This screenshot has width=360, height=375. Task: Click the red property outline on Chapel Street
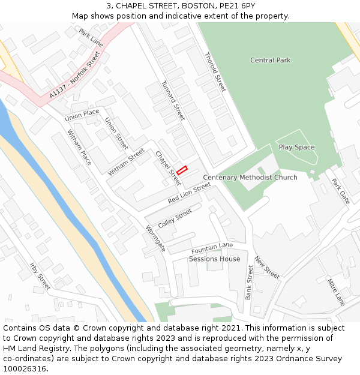click(x=182, y=170)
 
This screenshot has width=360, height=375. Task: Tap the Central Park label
click(x=270, y=60)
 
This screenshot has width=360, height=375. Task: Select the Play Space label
click(x=296, y=147)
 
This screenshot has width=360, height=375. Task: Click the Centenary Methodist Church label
click(x=250, y=178)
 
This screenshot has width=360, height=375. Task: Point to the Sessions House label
click(x=214, y=259)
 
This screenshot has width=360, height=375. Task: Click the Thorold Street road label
click(x=215, y=72)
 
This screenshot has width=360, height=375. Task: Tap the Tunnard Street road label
click(x=173, y=101)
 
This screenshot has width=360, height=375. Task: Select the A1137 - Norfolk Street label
click(x=76, y=75)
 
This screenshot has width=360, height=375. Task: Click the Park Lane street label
click(x=91, y=38)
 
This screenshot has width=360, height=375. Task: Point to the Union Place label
click(x=82, y=114)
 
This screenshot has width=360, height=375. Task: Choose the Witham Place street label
click(x=79, y=148)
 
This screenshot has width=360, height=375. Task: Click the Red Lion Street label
click(x=190, y=193)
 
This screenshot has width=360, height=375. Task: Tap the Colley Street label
click(x=175, y=218)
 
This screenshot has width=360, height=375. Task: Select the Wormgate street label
click(x=155, y=238)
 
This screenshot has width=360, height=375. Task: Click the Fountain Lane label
click(x=212, y=247)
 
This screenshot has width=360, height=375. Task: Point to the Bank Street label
click(x=249, y=283)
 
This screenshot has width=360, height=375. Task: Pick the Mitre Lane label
click(x=336, y=292)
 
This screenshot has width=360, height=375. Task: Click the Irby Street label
click(x=40, y=275)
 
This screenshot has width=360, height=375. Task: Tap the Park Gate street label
click(x=340, y=190)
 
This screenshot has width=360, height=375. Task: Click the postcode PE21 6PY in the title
click(x=237, y=5)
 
